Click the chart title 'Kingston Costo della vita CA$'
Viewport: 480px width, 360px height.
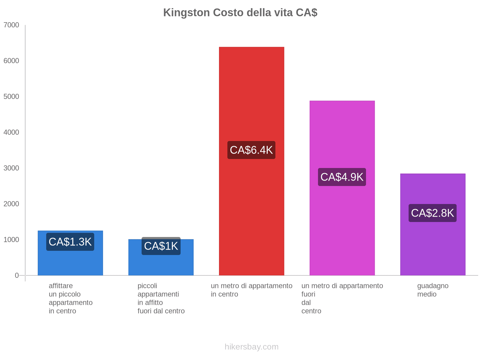click(x=240, y=13)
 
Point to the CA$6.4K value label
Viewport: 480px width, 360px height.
click(x=251, y=150)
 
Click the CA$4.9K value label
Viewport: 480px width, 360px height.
click(x=342, y=177)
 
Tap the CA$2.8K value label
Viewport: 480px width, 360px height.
click(x=433, y=213)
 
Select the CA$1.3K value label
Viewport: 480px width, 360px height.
click(x=70, y=242)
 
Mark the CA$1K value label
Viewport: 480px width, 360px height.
click(x=161, y=246)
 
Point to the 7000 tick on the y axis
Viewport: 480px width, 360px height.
click(x=11, y=25)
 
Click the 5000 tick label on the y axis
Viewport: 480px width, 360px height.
click(x=11, y=97)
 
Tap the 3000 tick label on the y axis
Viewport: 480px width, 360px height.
click(x=11, y=168)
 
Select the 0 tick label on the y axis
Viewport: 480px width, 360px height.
click(x=17, y=275)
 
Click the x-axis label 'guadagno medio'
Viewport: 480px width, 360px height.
click(x=433, y=290)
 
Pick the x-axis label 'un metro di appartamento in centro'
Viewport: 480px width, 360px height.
click(x=251, y=290)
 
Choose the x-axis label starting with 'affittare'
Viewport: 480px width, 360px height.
click(x=70, y=298)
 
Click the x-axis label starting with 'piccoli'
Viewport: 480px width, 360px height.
click(x=161, y=298)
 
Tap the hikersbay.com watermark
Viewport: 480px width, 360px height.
click(x=251, y=347)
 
